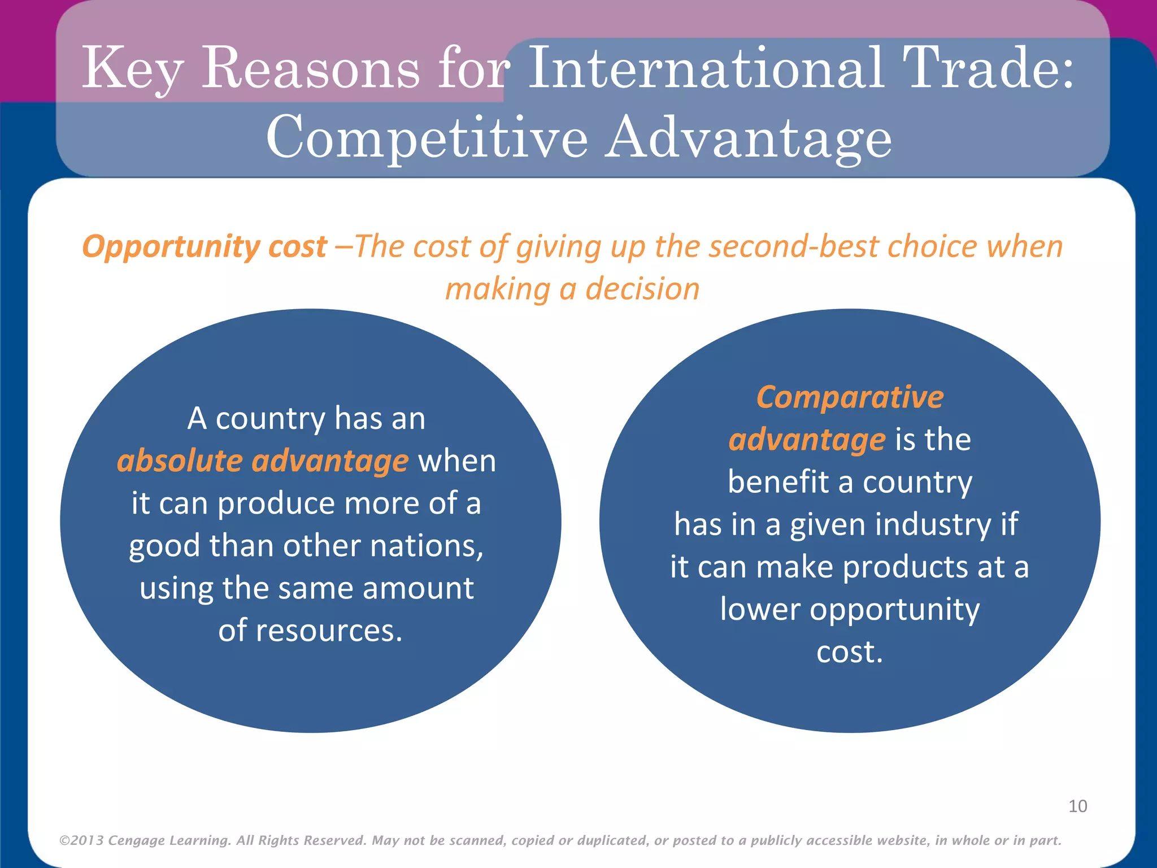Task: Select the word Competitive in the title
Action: [x=427, y=137]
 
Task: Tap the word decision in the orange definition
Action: [x=642, y=289]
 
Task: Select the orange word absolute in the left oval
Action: [x=180, y=461]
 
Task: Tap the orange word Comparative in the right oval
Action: [x=850, y=397]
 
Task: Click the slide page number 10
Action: [x=1077, y=806]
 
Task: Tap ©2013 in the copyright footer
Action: [x=81, y=840]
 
